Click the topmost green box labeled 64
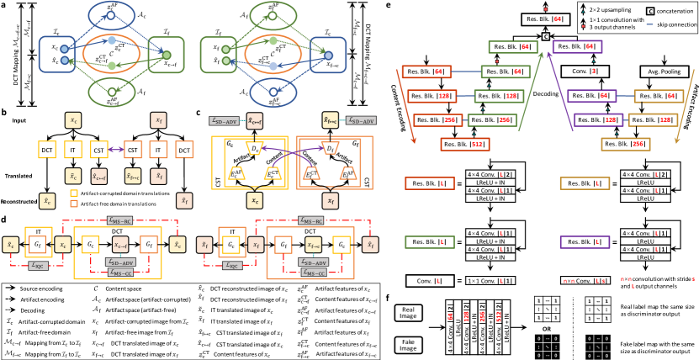coord(513,47)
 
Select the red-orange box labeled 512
coord(464,145)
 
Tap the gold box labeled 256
coord(625,145)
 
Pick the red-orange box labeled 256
coord(438,120)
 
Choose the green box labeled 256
coord(492,120)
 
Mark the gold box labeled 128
coord(653,120)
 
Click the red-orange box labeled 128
coord(432,96)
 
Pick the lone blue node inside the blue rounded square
coord(328,56)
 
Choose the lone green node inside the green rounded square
coord(167,56)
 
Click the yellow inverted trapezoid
coord(254,148)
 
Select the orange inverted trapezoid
coord(331,148)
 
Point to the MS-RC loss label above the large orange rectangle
coord(311,220)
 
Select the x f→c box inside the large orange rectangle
coord(313,245)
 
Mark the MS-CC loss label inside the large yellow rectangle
coord(120,273)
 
